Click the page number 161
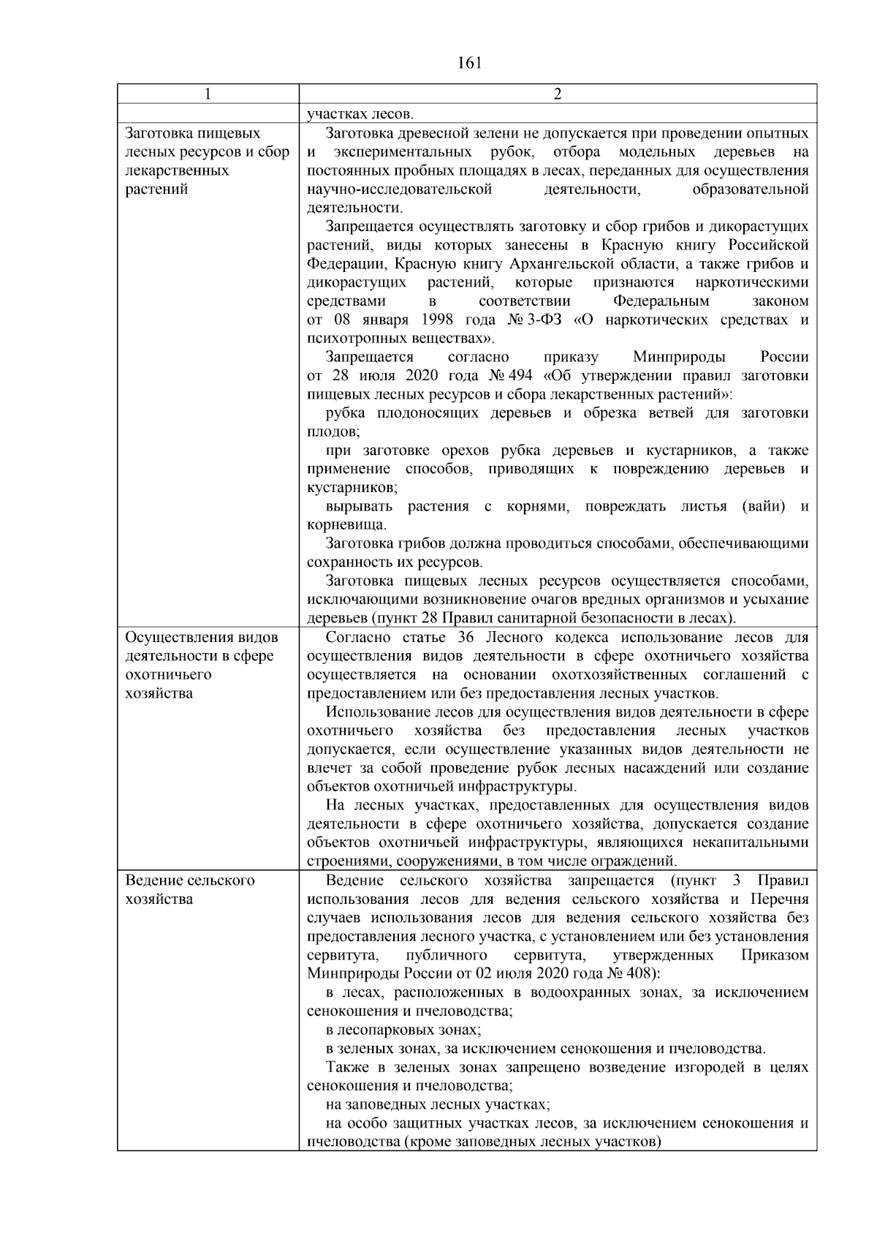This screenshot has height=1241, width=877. pyautogui.click(x=470, y=64)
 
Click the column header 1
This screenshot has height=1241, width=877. pyautogui.click(x=208, y=94)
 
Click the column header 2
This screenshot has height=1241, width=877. pyautogui.click(x=558, y=94)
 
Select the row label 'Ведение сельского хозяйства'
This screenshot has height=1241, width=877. pyautogui.click(x=191, y=889)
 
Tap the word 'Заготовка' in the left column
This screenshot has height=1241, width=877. pyautogui.click(x=158, y=133)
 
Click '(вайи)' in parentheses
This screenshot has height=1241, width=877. pyautogui.click(x=763, y=507)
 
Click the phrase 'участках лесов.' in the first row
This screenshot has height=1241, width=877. pyautogui.click(x=360, y=114)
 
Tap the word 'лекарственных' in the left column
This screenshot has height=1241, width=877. pyautogui.click(x=178, y=170)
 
